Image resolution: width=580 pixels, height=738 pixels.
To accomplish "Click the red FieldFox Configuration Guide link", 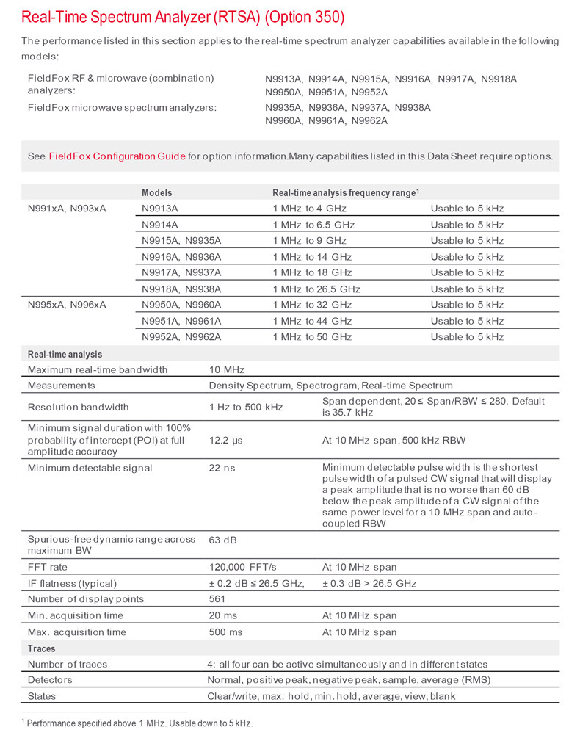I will [117, 156].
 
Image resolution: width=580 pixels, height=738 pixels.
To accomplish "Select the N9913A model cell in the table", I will [160, 209].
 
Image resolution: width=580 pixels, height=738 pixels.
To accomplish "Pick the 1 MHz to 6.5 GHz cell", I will [313, 225].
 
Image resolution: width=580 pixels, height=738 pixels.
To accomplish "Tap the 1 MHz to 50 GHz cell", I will [312, 337].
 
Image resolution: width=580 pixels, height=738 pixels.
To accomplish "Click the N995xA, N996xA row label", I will [67, 305].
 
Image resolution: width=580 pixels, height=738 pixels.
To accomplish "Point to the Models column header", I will [157, 192].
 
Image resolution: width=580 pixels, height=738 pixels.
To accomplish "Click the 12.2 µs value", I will [227, 440].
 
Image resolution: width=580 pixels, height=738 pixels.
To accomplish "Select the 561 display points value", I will [219, 599].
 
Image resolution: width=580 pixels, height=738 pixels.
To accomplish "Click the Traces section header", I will [42, 649].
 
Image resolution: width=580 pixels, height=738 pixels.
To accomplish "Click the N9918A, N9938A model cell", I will [181, 289].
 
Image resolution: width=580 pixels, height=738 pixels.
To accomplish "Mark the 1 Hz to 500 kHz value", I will [245, 407].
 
